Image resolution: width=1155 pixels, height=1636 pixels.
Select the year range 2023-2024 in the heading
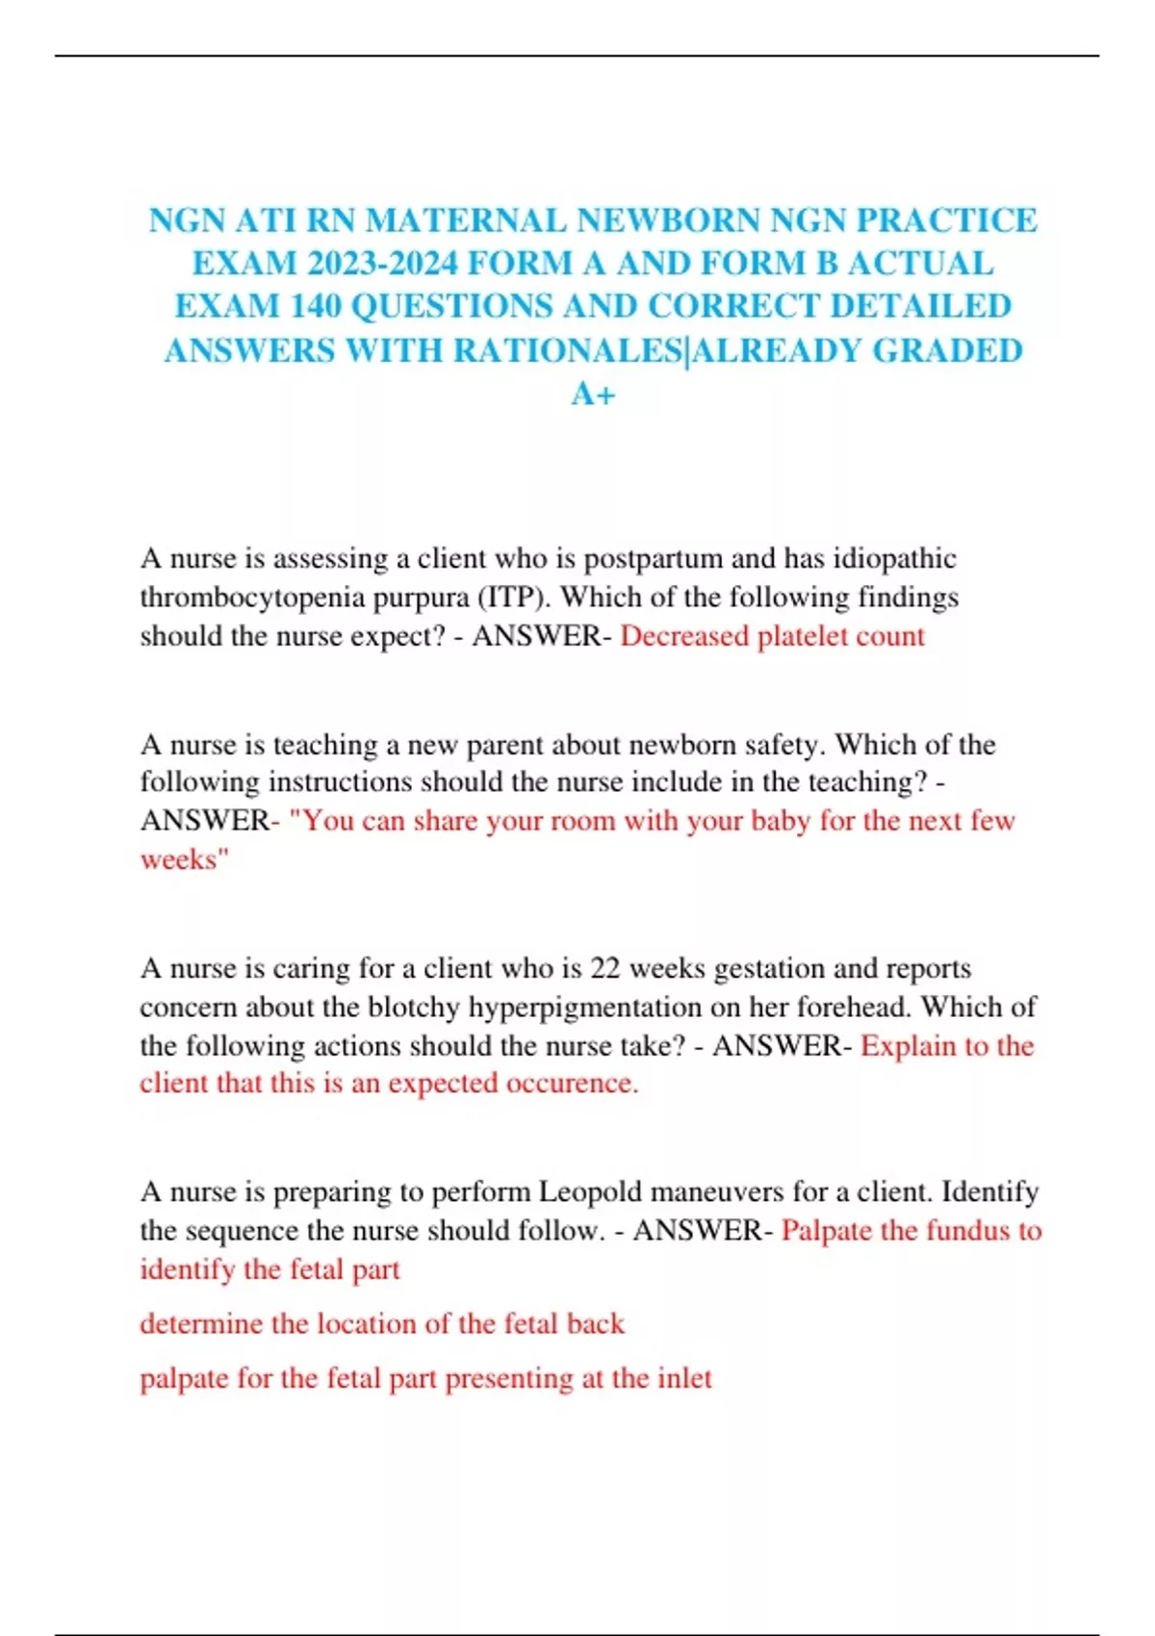point(381,264)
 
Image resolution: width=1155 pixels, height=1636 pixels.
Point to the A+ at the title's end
point(593,394)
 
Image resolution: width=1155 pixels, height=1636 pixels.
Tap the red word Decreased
point(684,636)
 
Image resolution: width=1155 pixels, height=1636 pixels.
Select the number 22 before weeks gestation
point(605,968)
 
